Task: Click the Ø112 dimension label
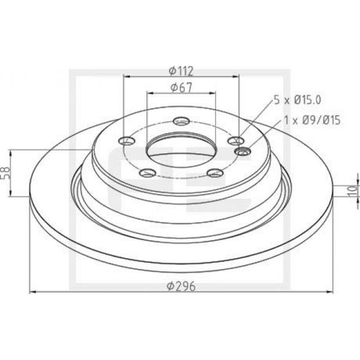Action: click(181, 71)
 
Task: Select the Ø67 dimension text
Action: click(181, 87)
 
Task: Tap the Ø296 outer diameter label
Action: click(181, 286)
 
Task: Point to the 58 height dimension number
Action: click(6, 172)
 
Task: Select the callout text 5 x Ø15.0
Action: click(297, 100)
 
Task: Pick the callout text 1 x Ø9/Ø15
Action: click(312, 120)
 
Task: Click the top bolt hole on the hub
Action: click(181, 121)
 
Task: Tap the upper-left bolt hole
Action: click(127, 141)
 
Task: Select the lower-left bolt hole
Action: click(147, 173)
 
